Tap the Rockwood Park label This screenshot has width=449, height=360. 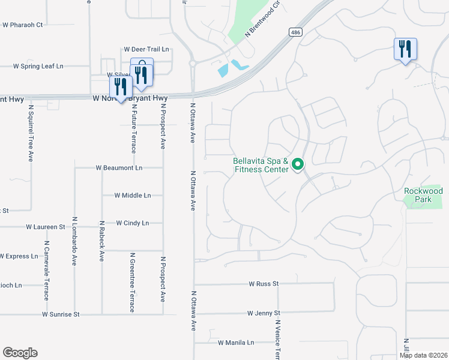(423, 194)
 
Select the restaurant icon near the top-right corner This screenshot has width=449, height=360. (405, 49)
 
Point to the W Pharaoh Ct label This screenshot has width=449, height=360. (23, 25)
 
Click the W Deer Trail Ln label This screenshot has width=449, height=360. (146, 49)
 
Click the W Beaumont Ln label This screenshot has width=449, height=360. (119, 168)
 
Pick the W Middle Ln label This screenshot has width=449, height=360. (133, 196)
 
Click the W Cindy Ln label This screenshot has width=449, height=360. (132, 223)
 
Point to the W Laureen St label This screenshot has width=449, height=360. (45, 227)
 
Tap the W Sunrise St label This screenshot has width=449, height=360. (61, 314)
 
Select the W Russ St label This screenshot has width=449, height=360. (263, 283)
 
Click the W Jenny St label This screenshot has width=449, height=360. (264, 313)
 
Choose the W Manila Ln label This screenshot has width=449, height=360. (236, 343)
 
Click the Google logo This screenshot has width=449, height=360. (20, 353)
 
